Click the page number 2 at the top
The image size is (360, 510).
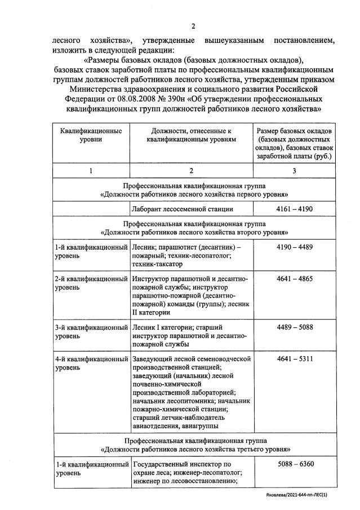coord(193,26)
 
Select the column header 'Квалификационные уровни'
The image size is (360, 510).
coord(91,135)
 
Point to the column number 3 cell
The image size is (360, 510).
coord(295,171)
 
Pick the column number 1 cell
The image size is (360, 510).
coord(91,171)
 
